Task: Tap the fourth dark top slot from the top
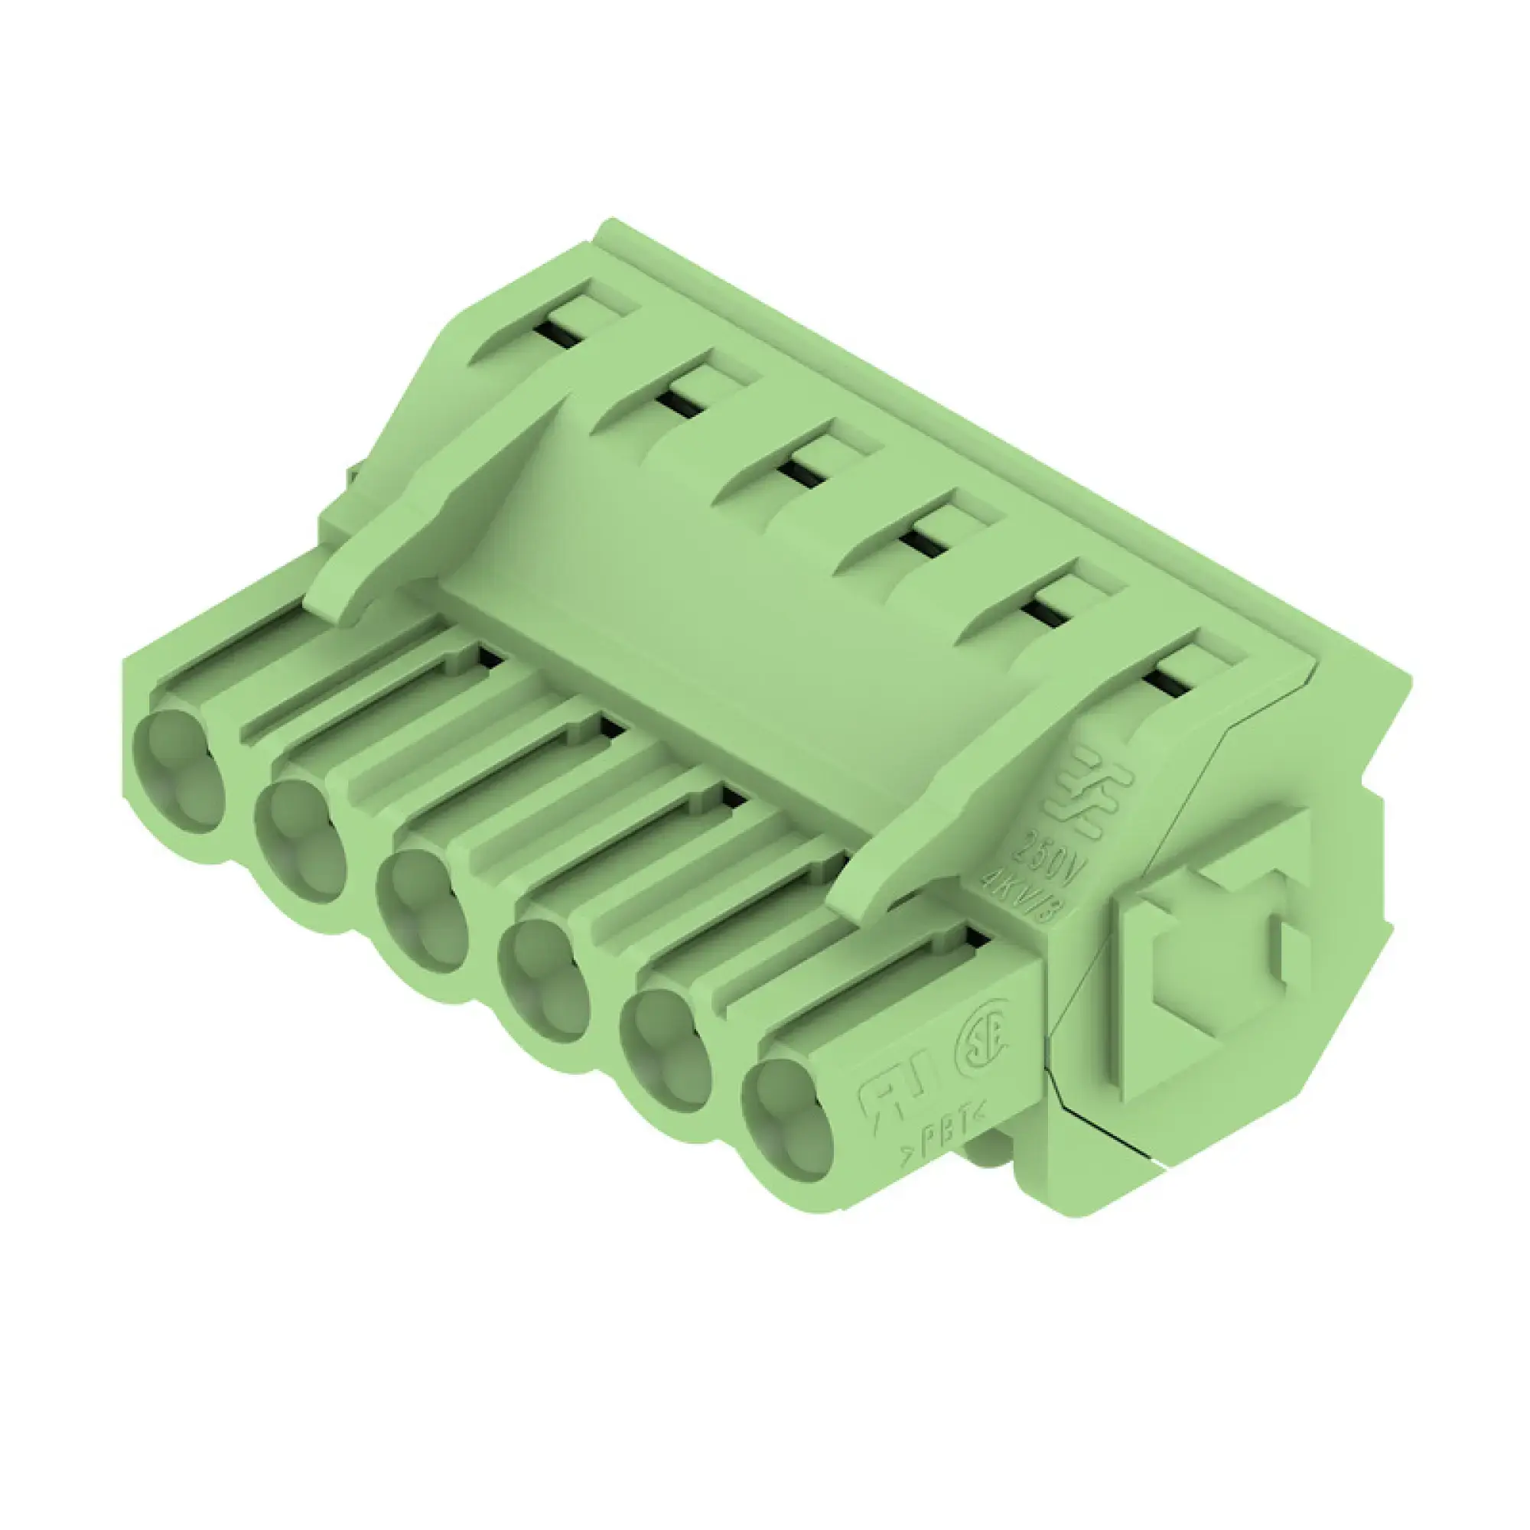click(x=923, y=543)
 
